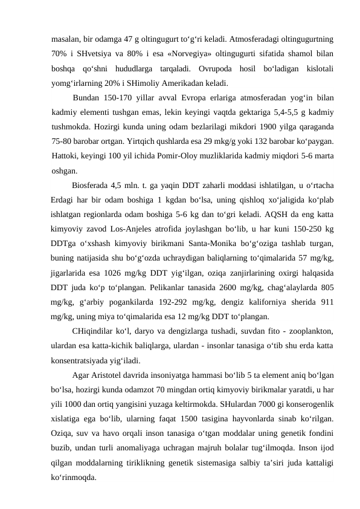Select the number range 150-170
118,97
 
